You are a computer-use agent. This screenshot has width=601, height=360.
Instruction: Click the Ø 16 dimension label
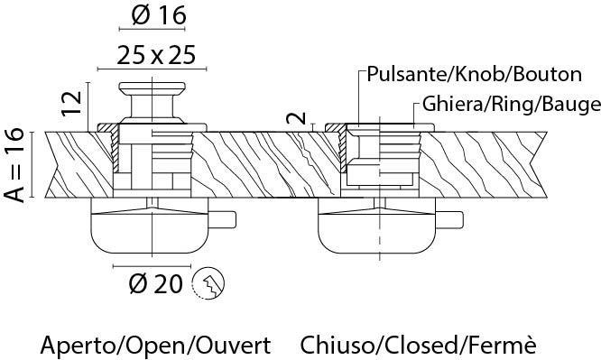click(x=159, y=15)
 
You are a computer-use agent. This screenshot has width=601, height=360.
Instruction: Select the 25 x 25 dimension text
click(x=156, y=55)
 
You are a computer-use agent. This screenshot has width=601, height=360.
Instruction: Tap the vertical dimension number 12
click(x=71, y=103)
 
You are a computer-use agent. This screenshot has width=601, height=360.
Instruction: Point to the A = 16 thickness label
click(x=14, y=165)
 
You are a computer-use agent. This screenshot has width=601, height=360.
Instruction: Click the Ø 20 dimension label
click(x=155, y=283)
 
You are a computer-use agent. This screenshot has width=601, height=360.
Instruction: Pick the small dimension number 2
click(x=297, y=118)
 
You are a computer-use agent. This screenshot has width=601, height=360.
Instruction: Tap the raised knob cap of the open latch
click(x=153, y=88)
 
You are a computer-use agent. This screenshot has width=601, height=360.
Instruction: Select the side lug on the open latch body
click(x=222, y=219)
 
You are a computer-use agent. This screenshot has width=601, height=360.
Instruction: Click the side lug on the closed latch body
click(x=449, y=219)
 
